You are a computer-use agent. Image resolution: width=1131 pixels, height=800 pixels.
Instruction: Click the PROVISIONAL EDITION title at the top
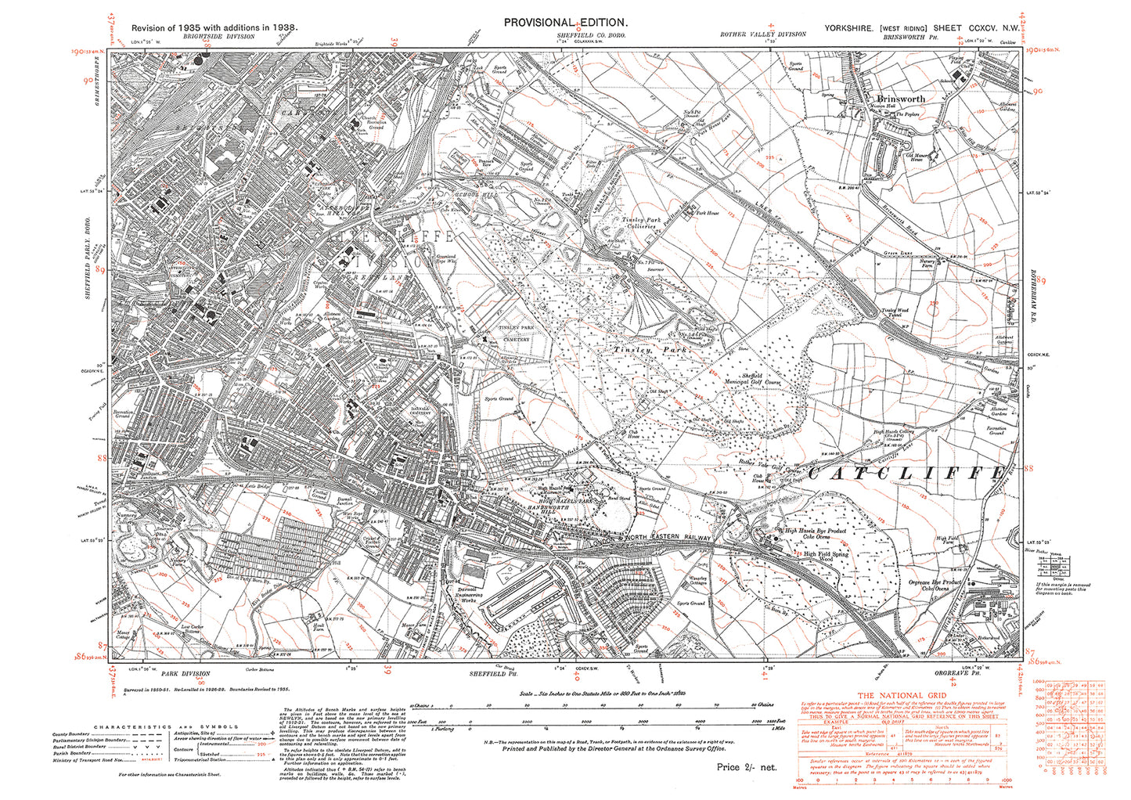click(565, 23)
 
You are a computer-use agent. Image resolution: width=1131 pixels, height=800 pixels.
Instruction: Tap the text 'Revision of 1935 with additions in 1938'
click(214, 27)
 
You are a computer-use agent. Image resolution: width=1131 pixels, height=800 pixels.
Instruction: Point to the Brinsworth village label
click(900, 99)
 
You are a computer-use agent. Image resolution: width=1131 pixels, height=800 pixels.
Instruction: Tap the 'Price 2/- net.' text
click(747, 767)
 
